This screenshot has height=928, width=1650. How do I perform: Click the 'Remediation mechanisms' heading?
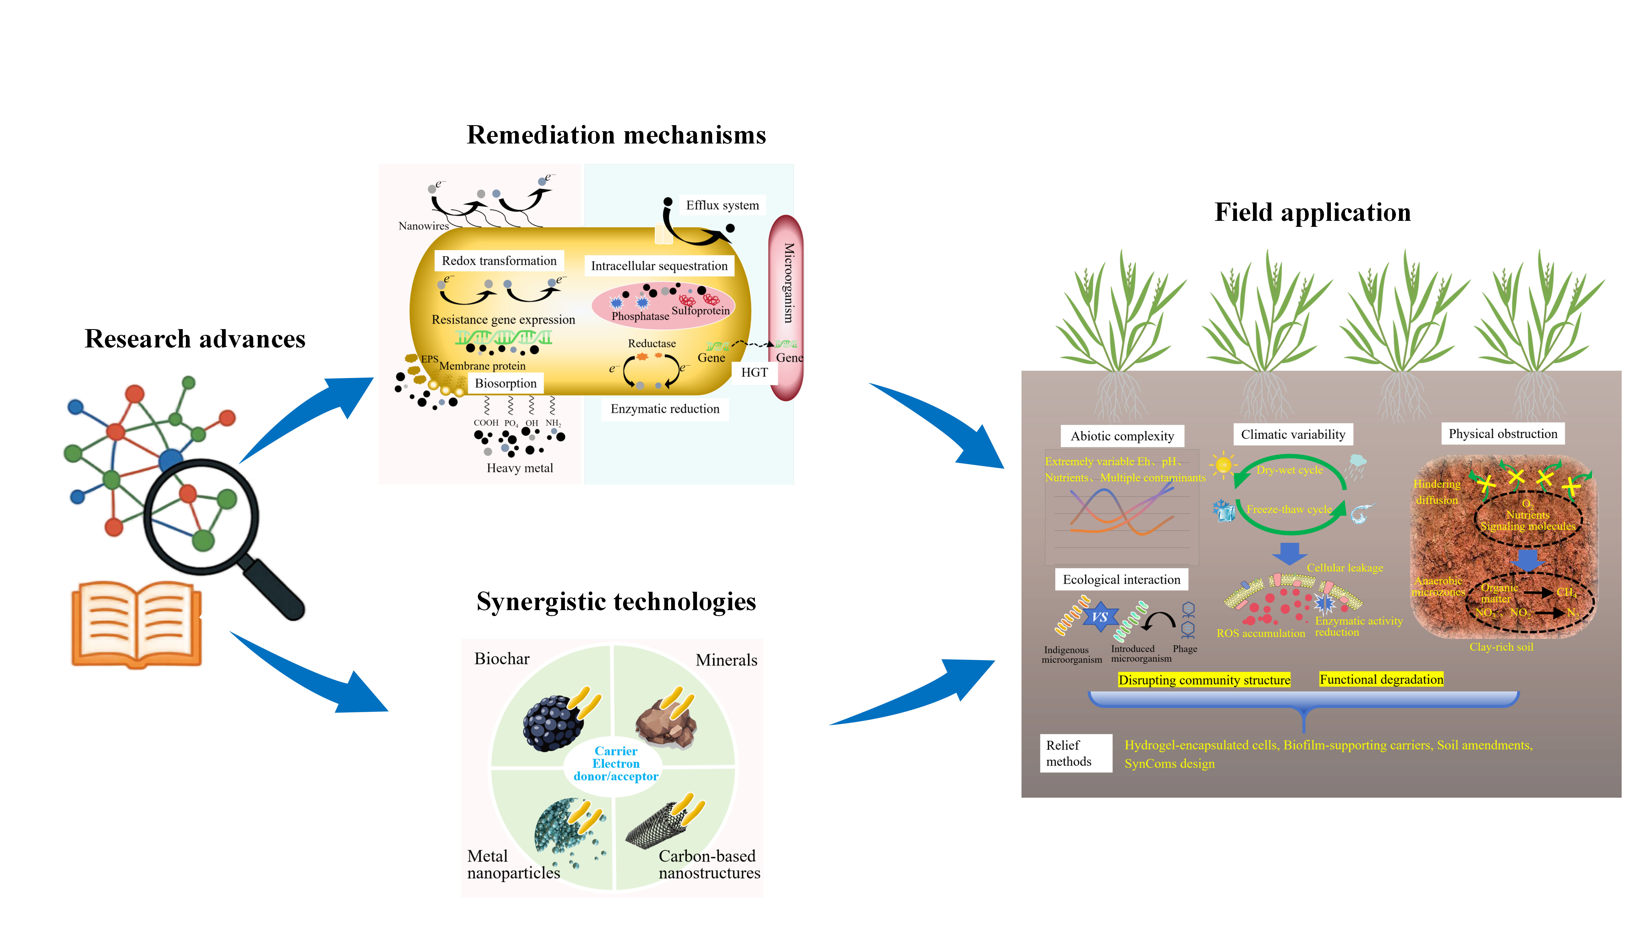coord(616,135)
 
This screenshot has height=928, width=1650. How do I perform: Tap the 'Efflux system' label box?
coord(722,206)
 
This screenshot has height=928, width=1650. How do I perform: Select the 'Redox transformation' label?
coord(499,261)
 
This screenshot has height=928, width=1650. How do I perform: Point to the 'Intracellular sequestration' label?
coord(659,266)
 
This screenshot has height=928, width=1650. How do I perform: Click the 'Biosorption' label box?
coord(505,383)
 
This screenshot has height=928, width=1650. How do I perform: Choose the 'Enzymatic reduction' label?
coord(665,409)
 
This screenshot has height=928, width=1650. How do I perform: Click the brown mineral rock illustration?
coord(666,724)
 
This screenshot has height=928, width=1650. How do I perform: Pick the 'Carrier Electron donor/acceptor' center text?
coord(616,763)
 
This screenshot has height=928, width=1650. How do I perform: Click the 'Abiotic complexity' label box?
coord(1122,436)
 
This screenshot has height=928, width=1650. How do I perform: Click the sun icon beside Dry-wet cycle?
coord(1223,464)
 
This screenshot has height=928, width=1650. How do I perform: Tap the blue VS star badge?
coord(1100,617)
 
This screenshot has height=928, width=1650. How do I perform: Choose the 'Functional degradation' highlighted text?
coord(1381,679)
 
